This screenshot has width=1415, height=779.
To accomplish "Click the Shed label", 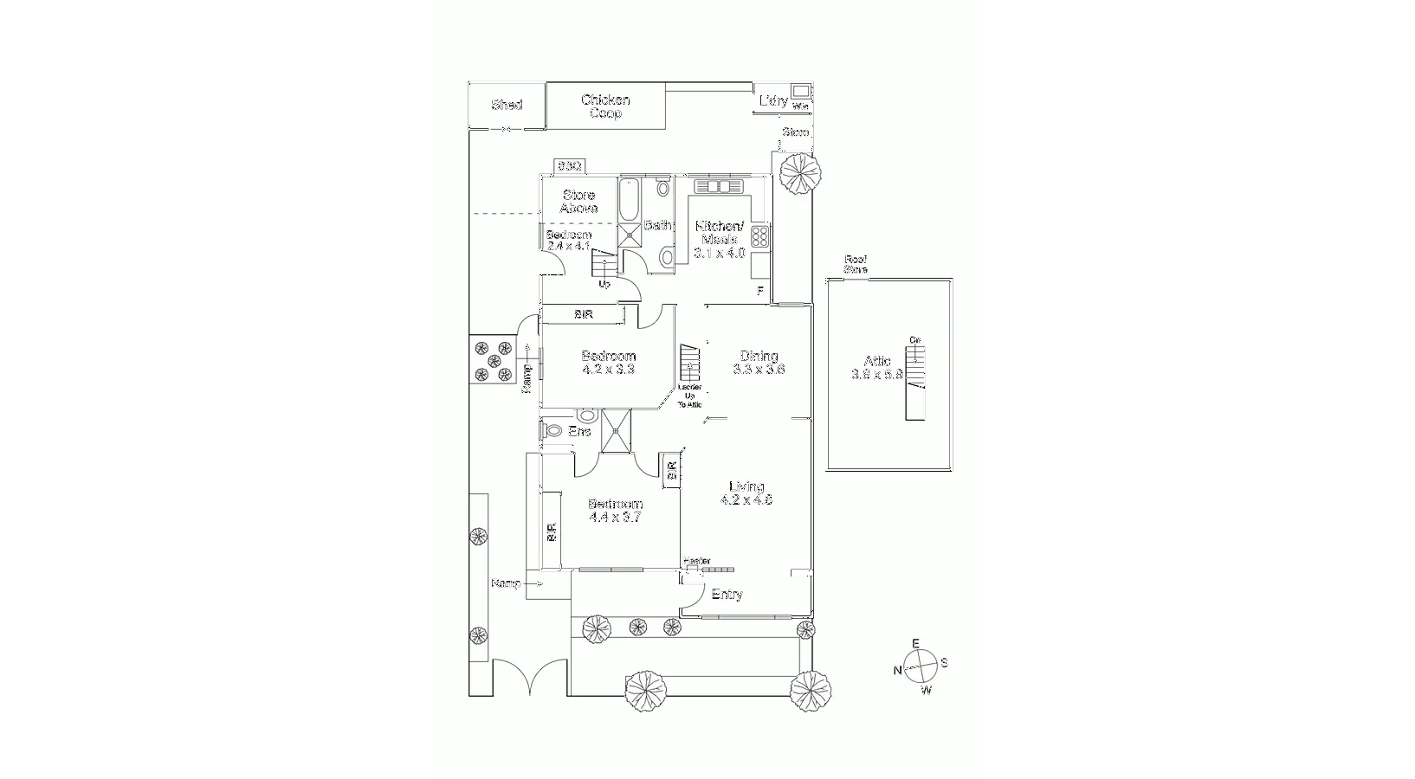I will click(507, 105).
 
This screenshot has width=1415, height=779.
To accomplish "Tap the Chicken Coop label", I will click(605, 106).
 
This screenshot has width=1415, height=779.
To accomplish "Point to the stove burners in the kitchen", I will click(760, 236).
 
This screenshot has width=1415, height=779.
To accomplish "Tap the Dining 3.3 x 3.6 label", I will click(759, 362).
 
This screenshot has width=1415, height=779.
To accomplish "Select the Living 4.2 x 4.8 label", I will click(746, 493).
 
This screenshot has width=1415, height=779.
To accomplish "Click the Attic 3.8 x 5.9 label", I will click(877, 368).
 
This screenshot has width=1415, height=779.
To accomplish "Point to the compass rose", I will click(921, 666).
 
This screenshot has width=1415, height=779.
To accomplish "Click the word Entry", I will click(727, 595).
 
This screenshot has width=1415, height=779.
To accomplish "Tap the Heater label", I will click(696, 561).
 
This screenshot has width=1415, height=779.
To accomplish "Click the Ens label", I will click(579, 431).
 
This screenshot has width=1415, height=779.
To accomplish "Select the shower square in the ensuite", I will click(617, 431).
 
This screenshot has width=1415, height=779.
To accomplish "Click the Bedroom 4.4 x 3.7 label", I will click(615, 511).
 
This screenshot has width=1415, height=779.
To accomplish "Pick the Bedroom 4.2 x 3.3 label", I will click(608, 362).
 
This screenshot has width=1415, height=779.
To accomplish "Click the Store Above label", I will click(578, 202).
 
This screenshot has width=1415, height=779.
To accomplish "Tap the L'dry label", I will click(772, 101).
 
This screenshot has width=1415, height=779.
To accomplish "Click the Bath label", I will click(657, 225).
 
